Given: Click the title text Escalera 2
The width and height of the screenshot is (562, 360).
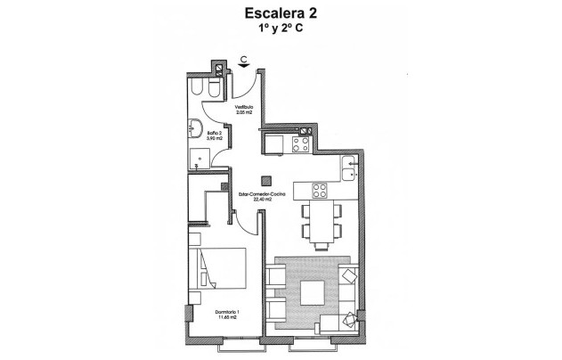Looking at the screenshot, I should tap(281, 14).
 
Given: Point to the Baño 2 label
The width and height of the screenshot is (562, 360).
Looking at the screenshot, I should tap(214, 134).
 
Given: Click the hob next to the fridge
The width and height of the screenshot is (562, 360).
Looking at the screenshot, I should tap(302, 142).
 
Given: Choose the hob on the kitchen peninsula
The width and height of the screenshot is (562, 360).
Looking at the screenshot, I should tap(319, 190).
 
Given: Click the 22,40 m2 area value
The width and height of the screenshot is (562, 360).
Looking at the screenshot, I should tap(262, 200).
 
